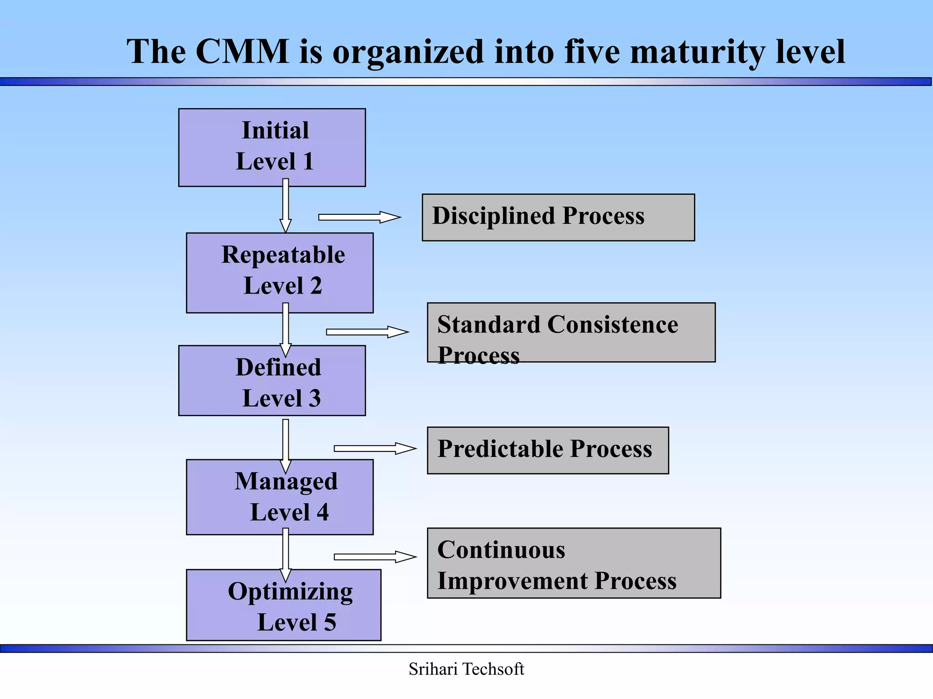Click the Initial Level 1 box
pos(272,147)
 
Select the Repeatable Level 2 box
pos(280,273)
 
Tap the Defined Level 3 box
pos(272,380)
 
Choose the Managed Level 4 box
pos(280,496)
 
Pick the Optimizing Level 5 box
pos(283,605)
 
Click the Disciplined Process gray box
pos(558,217)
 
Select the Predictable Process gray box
pos(548,450)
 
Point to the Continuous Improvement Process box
pos(574,563)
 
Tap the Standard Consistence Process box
pos(571,332)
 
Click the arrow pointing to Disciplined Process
pos(359,217)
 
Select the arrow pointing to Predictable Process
pos(374,449)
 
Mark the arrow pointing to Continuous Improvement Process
pos(374,557)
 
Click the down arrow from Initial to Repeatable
pos(286,206)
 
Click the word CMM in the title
pos(242,51)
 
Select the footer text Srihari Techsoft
pos(466,669)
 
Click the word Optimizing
pos(290,592)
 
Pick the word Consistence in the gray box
pos(612,324)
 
